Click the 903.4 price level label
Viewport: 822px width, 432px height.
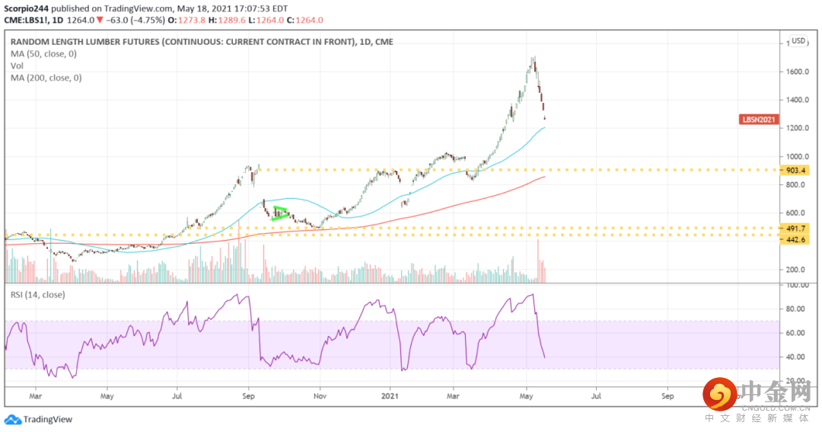(798, 170)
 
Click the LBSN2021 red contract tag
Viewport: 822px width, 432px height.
(760, 120)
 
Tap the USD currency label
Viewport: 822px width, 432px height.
(798, 41)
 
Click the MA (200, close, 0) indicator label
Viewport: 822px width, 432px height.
(46, 77)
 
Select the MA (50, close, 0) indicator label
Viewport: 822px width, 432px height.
(44, 53)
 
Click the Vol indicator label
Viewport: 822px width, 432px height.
(17, 66)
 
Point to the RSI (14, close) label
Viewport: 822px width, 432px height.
(37, 294)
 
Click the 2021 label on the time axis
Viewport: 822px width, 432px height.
(390, 396)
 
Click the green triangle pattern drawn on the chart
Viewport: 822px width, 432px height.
(280, 213)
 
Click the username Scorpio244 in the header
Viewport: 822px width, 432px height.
(30, 8)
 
